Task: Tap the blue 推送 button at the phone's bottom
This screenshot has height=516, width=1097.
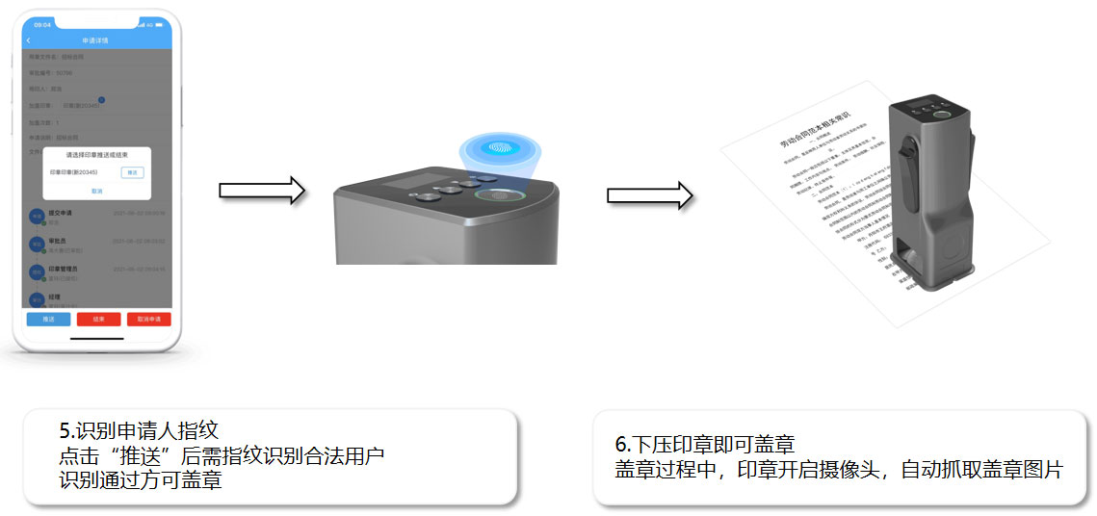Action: [48, 319]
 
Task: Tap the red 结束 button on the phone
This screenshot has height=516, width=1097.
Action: [97, 319]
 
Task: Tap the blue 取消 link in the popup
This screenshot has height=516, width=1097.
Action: [96, 192]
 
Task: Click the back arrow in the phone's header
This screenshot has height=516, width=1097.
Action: [29, 40]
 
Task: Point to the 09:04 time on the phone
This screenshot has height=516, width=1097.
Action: [42, 24]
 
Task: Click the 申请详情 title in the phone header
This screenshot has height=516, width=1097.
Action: [95, 40]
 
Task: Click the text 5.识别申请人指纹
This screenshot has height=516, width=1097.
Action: [145, 430]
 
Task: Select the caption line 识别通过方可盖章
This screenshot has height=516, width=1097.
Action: [140, 479]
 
